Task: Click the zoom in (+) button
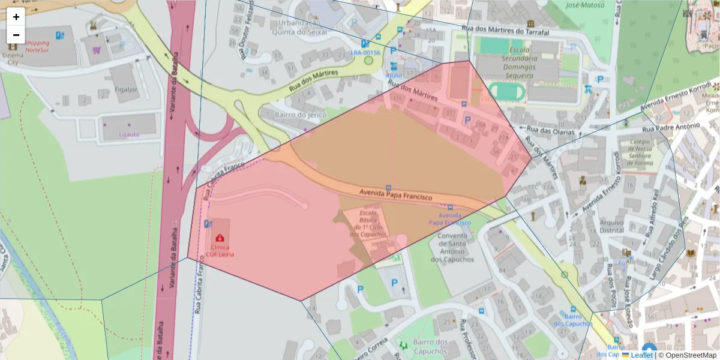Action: click(16, 17)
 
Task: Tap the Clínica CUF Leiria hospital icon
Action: click(220, 238)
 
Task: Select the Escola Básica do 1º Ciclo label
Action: click(368, 223)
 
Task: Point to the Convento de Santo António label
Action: click(452, 247)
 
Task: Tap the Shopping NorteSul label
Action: click(37, 47)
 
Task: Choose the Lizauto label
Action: click(129, 134)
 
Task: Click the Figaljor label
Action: click(125, 89)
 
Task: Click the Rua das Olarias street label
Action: click(551, 131)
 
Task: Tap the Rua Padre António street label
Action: click(671, 127)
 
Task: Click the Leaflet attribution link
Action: click(641, 355)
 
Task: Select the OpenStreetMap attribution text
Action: click(690, 355)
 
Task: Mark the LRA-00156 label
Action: click(365, 53)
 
